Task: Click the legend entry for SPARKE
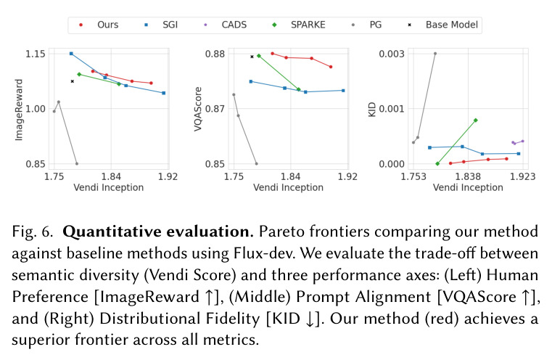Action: (x=299, y=25)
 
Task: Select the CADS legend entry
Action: (x=226, y=25)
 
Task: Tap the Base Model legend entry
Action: (x=443, y=25)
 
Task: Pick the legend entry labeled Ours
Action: (x=99, y=25)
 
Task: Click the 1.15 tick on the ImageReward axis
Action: (x=36, y=54)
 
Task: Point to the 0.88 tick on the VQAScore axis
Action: (x=215, y=54)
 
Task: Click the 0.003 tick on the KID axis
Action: (x=392, y=54)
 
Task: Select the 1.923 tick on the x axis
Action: (x=522, y=176)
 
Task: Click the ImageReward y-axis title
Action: (x=19, y=110)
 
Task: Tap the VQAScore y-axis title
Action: (x=198, y=109)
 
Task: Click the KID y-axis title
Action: (x=372, y=109)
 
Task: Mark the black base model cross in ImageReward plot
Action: (x=73, y=81)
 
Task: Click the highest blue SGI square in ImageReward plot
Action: (x=71, y=54)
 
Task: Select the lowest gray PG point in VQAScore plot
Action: (x=256, y=164)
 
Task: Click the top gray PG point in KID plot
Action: (x=435, y=54)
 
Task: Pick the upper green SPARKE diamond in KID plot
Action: (x=476, y=120)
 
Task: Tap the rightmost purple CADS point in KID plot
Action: (x=522, y=142)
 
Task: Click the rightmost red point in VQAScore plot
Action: (x=331, y=67)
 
